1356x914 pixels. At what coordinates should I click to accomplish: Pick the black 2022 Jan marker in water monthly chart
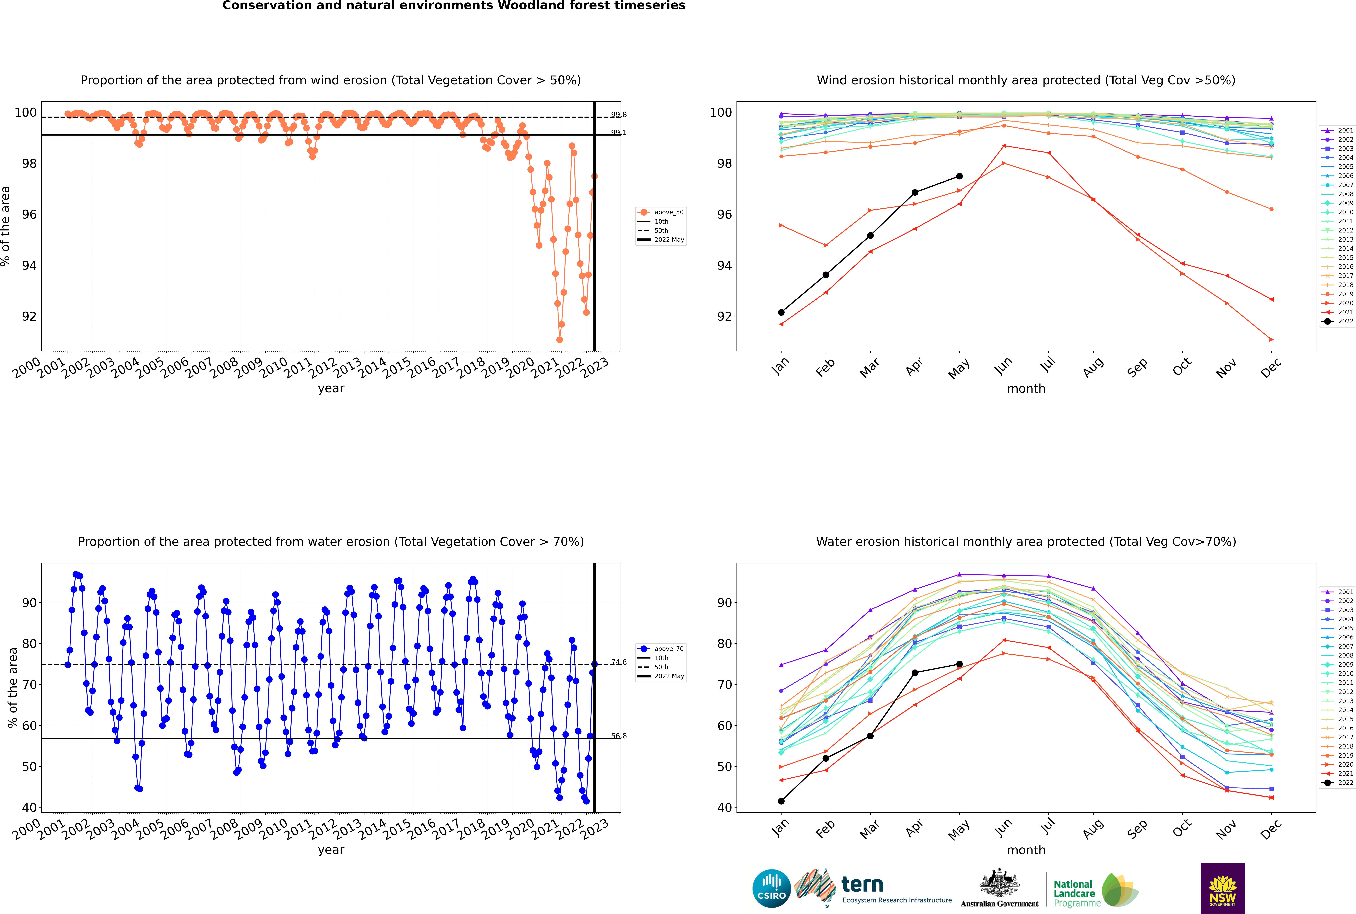(x=781, y=801)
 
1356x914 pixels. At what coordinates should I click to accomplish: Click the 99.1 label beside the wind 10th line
(x=618, y=132)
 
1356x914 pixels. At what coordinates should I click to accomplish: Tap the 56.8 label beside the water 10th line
(x=618, y=736)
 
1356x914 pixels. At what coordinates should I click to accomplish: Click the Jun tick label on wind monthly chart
(x=1003, y=366)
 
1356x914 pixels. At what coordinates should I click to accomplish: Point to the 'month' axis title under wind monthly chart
(x=1026, y=389)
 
